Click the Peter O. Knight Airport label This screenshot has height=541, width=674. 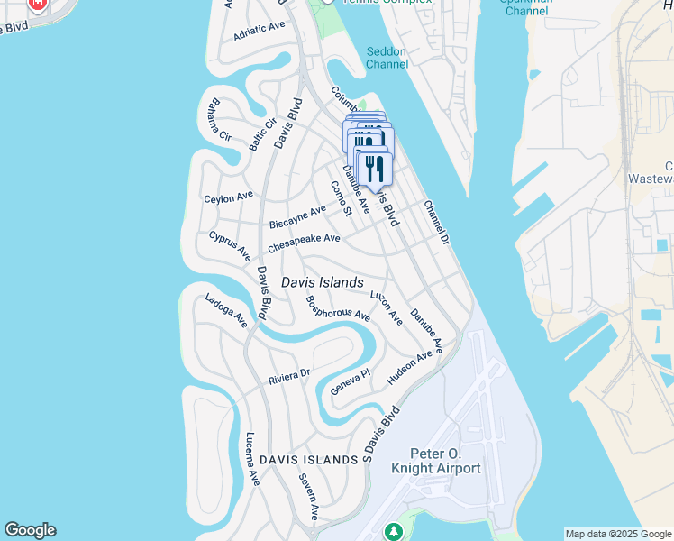tap(435, 461)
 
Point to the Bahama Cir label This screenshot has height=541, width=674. tap(219, 118)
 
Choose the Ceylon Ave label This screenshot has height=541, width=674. tap(229, 197)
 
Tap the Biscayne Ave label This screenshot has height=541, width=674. tap(297, 216)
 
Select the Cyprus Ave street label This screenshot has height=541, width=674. tap(230, 246)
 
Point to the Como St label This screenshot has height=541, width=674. tap(340, 198)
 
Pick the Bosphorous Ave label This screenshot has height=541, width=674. tap(338, 309)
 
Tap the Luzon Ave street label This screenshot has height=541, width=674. tap(387, 307)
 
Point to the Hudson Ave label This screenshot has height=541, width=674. tap(409, 369)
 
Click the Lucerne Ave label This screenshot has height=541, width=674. tap(252, 459)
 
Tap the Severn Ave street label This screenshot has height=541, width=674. tap(309, 497)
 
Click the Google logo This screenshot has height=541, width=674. tap(30, 530)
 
